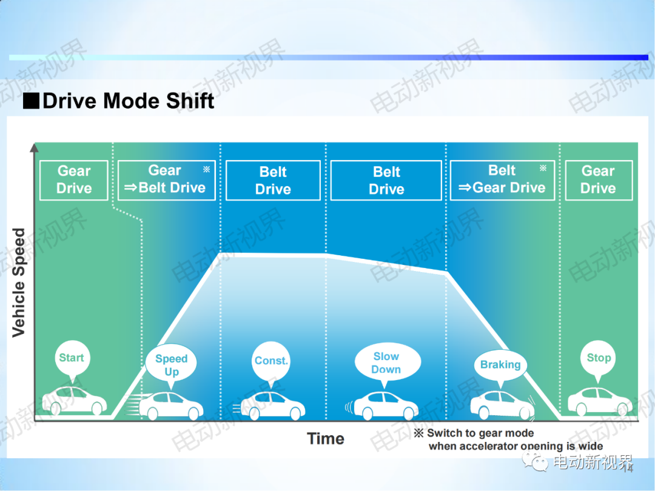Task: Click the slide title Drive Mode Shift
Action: click(128, 101)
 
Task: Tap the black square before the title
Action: click(31, 101)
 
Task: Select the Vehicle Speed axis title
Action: click(19, 282)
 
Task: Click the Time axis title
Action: click(326, 439)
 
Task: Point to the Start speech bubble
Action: click(72, 359)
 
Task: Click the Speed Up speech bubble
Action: click(171, 364)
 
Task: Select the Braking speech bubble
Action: click(500, 366)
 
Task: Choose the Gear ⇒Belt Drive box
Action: click(167, 180)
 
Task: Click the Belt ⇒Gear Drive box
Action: click(502, 180)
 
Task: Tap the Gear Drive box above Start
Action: click(74, 180)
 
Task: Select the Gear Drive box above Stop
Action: click(599, 180)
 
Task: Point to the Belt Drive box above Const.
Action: click(273, 180)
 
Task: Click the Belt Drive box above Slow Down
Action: click(386, 180)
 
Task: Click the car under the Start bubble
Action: click(75, 401)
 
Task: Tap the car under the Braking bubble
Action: click(502, 404)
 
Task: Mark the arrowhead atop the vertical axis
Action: click(34, 147)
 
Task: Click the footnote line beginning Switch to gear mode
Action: click(474, 433)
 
